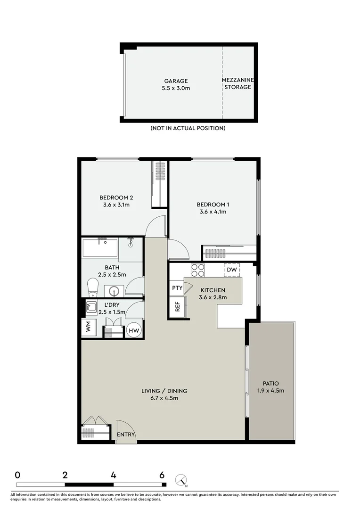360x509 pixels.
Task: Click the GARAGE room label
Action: coord(176,81)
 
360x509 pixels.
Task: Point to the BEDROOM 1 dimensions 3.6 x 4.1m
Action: coord(213,212)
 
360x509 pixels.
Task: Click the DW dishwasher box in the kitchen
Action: coord(231,270)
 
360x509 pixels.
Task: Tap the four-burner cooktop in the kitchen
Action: coord(198,270)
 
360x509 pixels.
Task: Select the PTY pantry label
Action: coord(177,288)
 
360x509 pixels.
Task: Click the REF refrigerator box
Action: coord(177,307)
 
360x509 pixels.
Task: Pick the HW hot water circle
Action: coord(133,330)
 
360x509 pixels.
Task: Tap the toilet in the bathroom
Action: coord(93,286)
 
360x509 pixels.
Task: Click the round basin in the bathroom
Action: coord(114,291)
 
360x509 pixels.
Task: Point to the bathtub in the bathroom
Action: coord(100,248)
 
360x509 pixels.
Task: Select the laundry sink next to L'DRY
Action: coord(91,307)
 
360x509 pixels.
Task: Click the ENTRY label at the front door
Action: coord(126,435)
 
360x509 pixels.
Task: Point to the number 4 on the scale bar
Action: coord(114,475)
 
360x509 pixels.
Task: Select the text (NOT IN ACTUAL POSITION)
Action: coord(188,128)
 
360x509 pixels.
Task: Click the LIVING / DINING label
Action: coord(164,391)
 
